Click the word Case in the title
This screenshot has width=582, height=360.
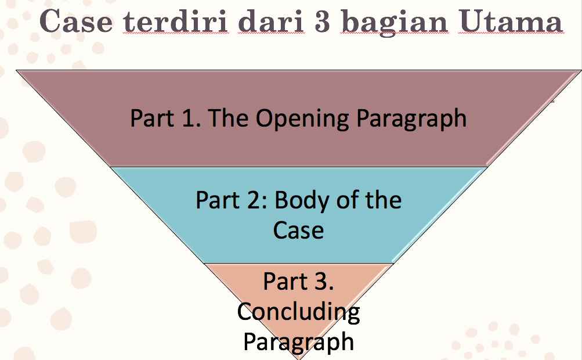point(75,21)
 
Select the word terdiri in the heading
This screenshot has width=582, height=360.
point(176,21)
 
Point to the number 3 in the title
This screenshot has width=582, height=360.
point(321,21)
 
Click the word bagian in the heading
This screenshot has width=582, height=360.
point(395,23)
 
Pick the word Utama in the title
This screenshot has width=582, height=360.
point(511,21)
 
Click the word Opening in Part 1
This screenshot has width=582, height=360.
point(302,118)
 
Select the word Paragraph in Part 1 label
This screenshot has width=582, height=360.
point(411,119)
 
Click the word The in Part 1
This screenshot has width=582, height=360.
point(228,118)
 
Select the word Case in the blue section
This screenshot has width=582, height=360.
point(298,230)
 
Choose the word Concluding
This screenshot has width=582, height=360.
point(298,312)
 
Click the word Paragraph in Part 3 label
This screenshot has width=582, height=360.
point(298,342)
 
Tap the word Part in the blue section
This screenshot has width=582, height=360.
point(218,200)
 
